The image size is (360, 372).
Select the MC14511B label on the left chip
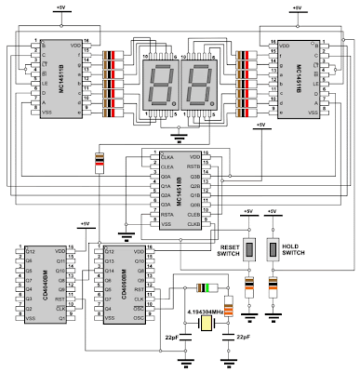(62, 79)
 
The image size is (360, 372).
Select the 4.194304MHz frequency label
(209, 312)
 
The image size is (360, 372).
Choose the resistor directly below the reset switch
(248, 286)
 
